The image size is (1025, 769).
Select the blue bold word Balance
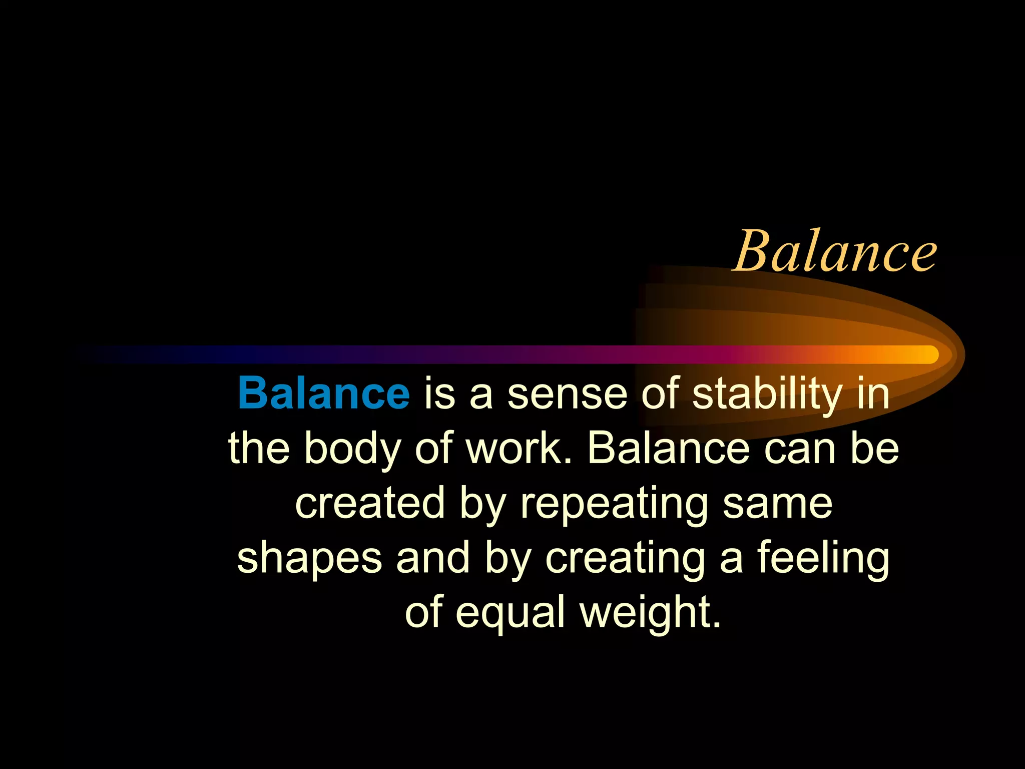pyautogui.click(x=324, y=394)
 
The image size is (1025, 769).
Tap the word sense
pyautogui.click(x=567, y=395)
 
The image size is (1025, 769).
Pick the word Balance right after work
pyautogui.click(x=668, y=449)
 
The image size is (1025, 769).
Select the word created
pyautogui.click(x=370, y=503)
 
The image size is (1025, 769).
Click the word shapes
pyautogui.click(x=310, y=559)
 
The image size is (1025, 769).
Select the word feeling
pyautogui.click(x=823, y=559)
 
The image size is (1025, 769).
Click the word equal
pyautogui.click(x=510, y=614)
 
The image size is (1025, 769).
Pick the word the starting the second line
pyautogui.click(x=259, y=449)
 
